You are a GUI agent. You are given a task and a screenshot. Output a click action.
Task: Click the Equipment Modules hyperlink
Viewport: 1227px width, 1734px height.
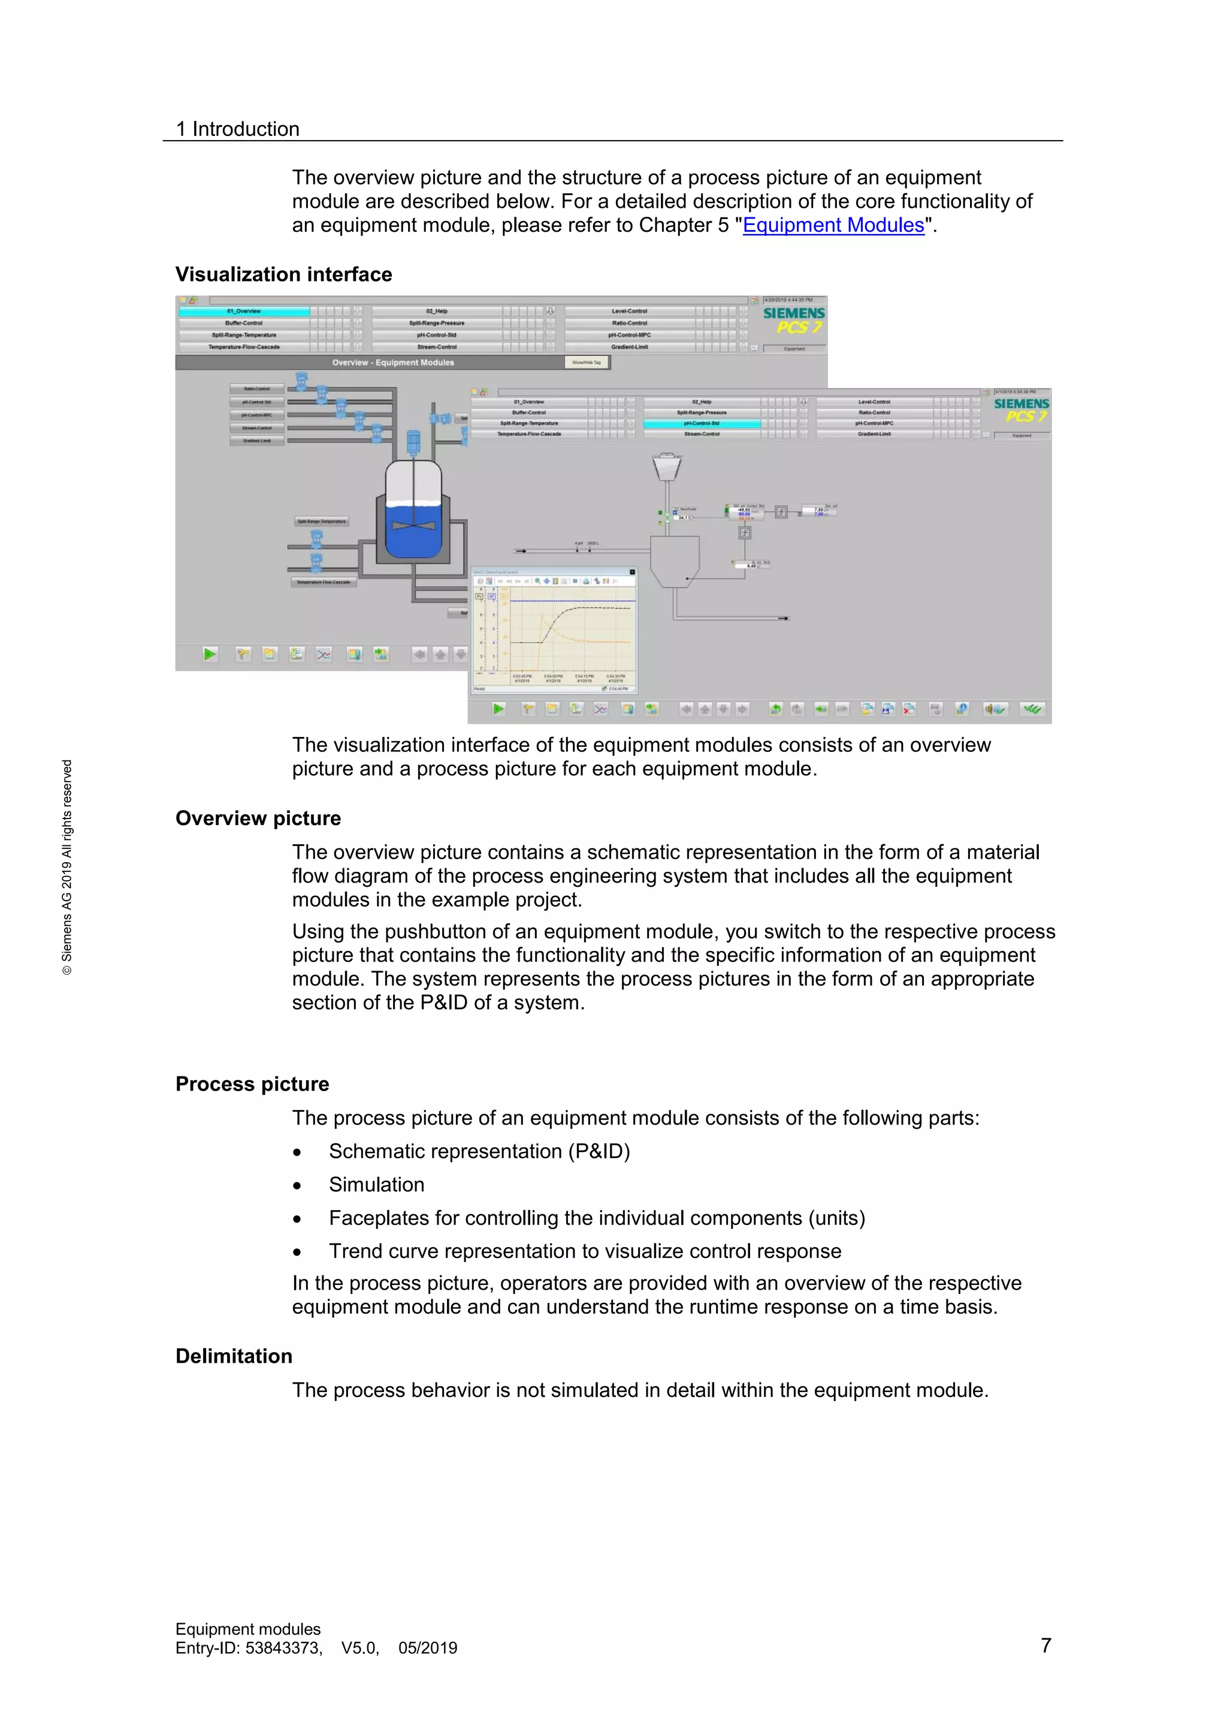click(x=833, y=225)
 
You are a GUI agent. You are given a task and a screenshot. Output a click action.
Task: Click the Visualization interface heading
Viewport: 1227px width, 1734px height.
click(x=283, y=274)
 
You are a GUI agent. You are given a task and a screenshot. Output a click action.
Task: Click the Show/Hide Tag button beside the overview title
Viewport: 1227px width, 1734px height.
click(x=587, y=362)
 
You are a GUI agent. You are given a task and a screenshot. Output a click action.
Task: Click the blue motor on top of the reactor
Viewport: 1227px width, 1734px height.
click(x=413, y=442)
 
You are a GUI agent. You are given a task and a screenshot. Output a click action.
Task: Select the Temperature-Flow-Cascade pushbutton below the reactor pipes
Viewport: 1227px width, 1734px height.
click(x=324, y=582)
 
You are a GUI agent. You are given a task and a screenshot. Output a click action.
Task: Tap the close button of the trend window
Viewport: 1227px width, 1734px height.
click(x=633, y=572)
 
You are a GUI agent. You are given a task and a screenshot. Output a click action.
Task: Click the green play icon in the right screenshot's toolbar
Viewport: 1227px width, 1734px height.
click(x=498, y=708)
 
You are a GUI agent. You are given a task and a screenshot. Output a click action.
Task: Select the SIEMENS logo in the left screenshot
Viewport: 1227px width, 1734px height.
click(x=793, y=313)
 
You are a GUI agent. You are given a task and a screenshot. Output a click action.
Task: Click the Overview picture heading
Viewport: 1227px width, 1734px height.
click(x=258, y=818)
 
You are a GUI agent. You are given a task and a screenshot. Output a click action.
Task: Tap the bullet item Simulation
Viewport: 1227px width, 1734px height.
click(x=376, y=1184)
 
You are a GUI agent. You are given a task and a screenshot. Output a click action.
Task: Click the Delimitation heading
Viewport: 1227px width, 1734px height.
click(x=234, y=1356)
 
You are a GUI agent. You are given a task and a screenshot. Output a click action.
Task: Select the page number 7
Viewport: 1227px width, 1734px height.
click(x=1045, y=1645)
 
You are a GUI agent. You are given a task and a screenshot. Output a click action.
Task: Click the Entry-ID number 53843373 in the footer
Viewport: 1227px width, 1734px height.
click(x=283, y=1648)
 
